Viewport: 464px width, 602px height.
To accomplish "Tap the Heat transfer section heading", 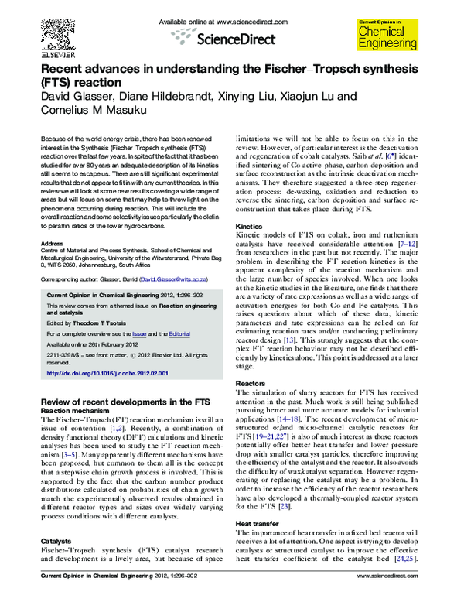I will coord(258,523).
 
